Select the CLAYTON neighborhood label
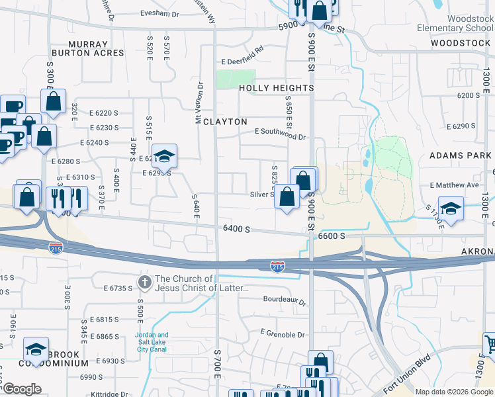point(225,122)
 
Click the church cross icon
point(145,283)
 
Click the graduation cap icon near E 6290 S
point(165,156)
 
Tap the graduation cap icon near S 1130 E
point(451,209)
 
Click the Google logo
point(21,389)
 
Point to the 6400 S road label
point(236,229)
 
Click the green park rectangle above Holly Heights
point(236,79)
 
